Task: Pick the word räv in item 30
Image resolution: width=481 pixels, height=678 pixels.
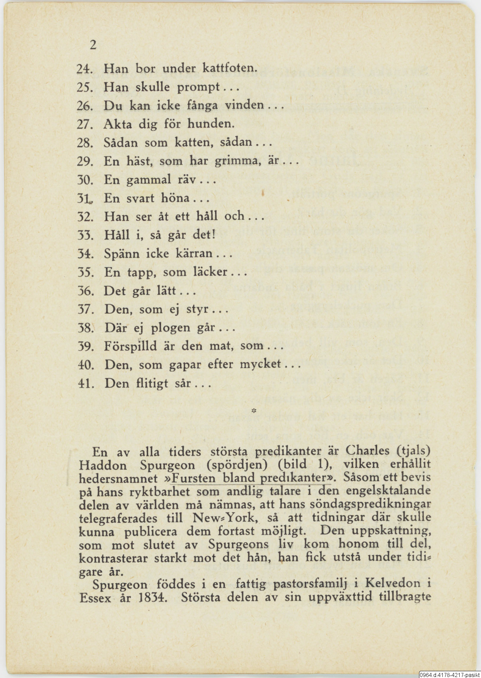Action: (188, 179)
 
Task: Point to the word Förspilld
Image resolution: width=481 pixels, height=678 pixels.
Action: (130, 346)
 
